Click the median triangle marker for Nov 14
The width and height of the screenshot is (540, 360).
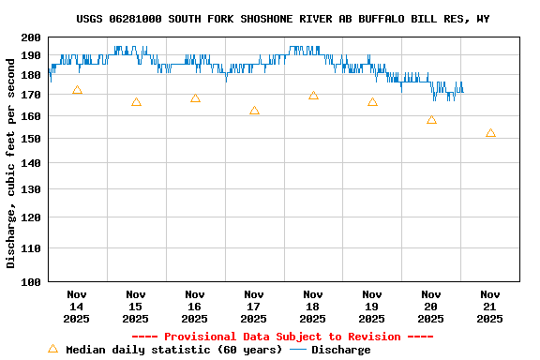pos(77,90)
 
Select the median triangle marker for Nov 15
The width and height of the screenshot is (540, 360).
pos(136,102)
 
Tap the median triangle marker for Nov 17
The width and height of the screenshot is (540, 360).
pos(254,111)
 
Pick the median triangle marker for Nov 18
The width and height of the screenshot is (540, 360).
pos(313,96)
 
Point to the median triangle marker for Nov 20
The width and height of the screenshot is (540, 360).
pos(431,120)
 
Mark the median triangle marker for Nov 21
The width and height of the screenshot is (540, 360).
pos(490,133)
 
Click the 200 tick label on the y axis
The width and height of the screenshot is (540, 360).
pos(31,37)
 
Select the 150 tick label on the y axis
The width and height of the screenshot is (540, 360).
pos(31,139)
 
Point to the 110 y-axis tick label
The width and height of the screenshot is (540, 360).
pos(31,248)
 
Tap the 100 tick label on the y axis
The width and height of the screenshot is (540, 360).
pos(31,281)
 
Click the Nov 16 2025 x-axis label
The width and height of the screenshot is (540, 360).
pos(195,306)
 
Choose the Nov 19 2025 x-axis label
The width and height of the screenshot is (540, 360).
pos(372,306)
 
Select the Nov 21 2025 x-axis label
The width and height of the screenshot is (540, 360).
pos(490,306)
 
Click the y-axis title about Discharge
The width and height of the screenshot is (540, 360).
pos(11,159)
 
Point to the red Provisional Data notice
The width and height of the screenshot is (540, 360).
pos(282,337)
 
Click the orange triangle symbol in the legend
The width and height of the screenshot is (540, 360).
pos(52,349)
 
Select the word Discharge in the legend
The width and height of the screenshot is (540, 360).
pos(340,350)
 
